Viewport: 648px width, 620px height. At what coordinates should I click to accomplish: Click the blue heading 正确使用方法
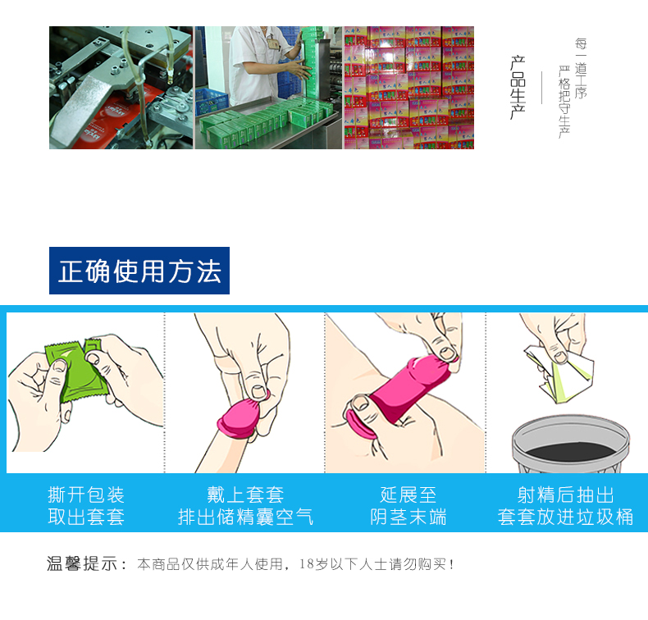[139, 271]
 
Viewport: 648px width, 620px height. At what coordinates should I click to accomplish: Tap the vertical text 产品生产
[518, 88]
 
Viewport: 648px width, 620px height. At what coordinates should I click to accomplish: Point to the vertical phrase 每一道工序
[581, 70]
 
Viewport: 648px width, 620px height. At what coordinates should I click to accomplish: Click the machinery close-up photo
[121, 88]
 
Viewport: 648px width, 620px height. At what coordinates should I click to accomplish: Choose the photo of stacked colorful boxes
[408, 88]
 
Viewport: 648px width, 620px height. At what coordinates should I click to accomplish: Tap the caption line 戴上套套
[245, 495]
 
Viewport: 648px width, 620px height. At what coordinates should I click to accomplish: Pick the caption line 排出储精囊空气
[245, 517]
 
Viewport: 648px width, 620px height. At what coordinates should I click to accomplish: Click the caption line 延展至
[408, 495]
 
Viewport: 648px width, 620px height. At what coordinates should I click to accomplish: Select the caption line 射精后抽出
[565, 495]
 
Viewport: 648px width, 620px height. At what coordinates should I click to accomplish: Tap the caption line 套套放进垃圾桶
[565, 517]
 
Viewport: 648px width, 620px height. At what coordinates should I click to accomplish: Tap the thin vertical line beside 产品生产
[541, 88]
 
